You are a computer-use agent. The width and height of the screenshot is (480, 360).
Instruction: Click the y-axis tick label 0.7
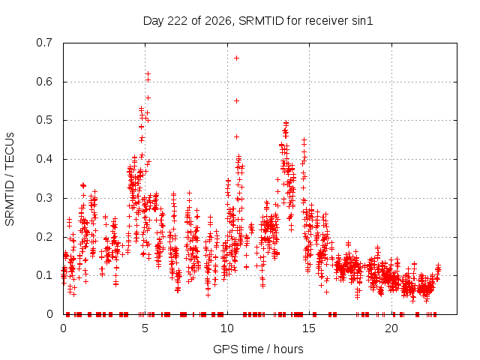(x=44, y=43)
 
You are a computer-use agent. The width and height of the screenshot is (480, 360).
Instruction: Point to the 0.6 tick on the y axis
(x=44, y=82)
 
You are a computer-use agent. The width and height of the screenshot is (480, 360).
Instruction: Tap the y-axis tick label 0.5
(x=44, y=120)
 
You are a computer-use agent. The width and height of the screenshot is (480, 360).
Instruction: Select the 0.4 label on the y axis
(x=44, y=159)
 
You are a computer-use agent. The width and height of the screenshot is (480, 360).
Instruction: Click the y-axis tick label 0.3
(x=44, y=198)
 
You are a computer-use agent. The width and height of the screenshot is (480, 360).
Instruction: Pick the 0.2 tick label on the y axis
(x=44, y=237)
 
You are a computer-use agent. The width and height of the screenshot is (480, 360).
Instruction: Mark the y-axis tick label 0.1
(x=44, y=275)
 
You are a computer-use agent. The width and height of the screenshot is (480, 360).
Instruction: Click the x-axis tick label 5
(x=145, y=328)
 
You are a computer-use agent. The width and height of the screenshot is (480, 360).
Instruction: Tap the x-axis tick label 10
(x=226, y=328)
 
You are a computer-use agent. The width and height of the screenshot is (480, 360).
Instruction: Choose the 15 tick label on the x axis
(x=309, y=328)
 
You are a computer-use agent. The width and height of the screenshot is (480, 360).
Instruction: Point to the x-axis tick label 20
(x=391, y=328)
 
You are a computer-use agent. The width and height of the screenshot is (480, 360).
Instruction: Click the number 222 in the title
(x=178, y=21)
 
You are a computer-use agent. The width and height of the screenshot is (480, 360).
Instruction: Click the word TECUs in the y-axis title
(x=10, y=150)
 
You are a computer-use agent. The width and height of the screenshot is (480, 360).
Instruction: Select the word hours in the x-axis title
(x=288, y=349)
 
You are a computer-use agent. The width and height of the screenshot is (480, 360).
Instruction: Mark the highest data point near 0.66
(x=236, y=58)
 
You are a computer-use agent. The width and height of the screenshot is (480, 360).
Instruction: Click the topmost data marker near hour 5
(x=148, y=73)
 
